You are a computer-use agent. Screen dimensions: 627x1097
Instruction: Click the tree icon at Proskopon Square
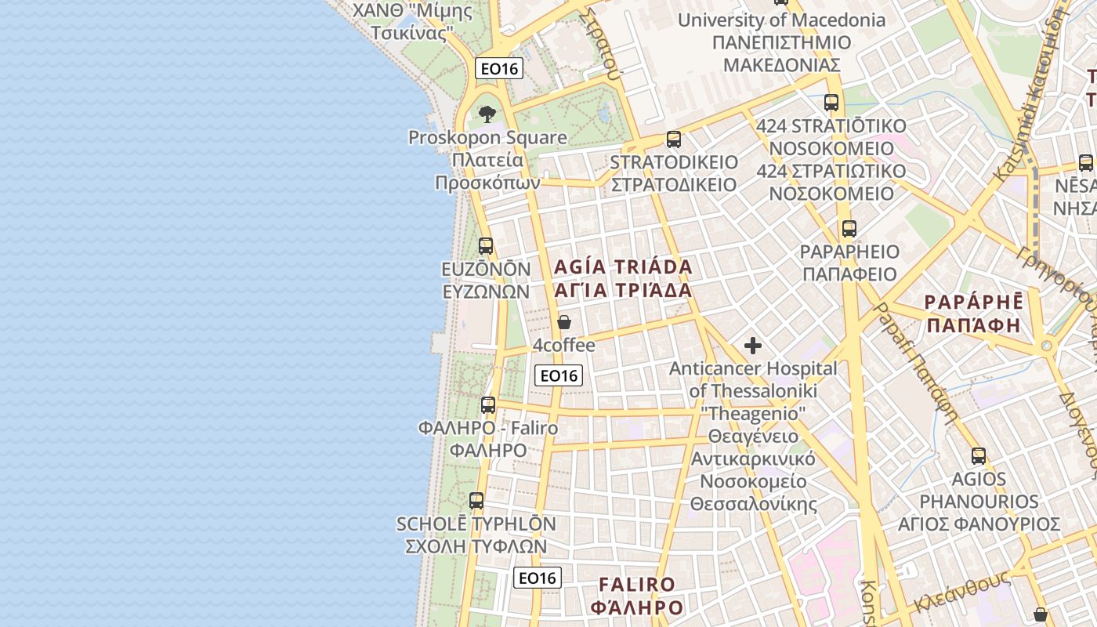coord(487,114)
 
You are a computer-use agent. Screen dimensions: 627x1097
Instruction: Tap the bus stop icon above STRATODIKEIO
coord(673,140)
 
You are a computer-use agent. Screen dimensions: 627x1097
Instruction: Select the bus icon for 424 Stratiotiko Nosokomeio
coord(831,103)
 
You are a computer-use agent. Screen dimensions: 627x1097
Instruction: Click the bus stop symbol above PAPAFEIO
coord(849,229)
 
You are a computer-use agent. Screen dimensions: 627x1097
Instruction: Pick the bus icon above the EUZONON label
coord(486,246)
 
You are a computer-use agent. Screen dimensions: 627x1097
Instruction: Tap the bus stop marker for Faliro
coord(488,405)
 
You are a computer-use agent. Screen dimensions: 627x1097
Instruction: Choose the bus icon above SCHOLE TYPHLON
coord(476,500)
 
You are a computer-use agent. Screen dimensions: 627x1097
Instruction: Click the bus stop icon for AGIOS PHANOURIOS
coord(979,455)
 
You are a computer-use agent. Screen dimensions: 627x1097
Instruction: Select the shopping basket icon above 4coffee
coord(563,322)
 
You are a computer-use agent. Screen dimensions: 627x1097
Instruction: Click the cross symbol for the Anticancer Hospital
coord(753,346)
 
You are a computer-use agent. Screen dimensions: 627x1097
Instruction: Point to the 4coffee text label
coord(563,345)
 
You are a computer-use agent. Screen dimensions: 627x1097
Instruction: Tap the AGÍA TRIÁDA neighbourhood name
coord(623,267)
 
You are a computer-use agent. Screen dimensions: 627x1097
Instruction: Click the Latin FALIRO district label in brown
coord(636,585)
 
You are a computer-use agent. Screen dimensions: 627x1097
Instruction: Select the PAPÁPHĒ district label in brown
coord(973,303)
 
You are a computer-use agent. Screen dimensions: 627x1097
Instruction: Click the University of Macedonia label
coord(781,20)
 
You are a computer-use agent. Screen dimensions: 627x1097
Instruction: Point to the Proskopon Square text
coord(487,138)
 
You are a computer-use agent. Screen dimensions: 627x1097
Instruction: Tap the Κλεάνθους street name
coord(960,593)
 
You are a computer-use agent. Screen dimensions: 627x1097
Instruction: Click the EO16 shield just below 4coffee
coord(559,375)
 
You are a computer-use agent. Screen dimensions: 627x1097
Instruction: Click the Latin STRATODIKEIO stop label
coord(674,162)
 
